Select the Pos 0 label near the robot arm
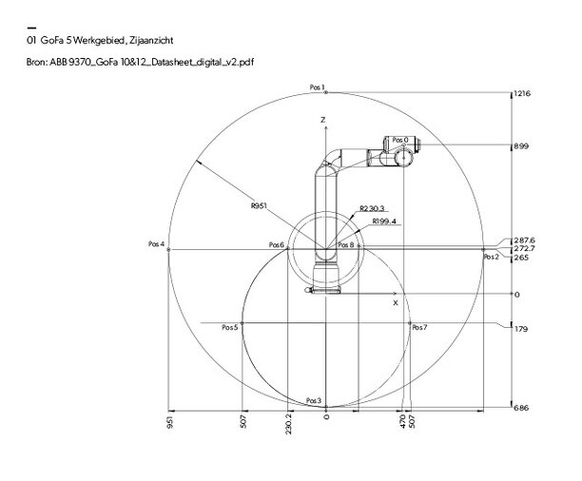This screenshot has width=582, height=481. click(399, 140)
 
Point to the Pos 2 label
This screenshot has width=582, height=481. click(490, 257)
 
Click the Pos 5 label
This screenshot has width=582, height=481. click(228, 327)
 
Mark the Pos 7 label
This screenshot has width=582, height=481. click(419, 327)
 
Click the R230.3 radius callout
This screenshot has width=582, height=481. click(373, 210)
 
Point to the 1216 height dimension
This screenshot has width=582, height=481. click(521, 94)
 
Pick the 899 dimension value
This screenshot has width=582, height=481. click(520, 147)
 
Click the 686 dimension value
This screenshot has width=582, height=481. click(520, 408)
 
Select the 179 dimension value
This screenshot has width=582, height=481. click(519, 330)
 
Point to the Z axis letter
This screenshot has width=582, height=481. click(323, 120)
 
